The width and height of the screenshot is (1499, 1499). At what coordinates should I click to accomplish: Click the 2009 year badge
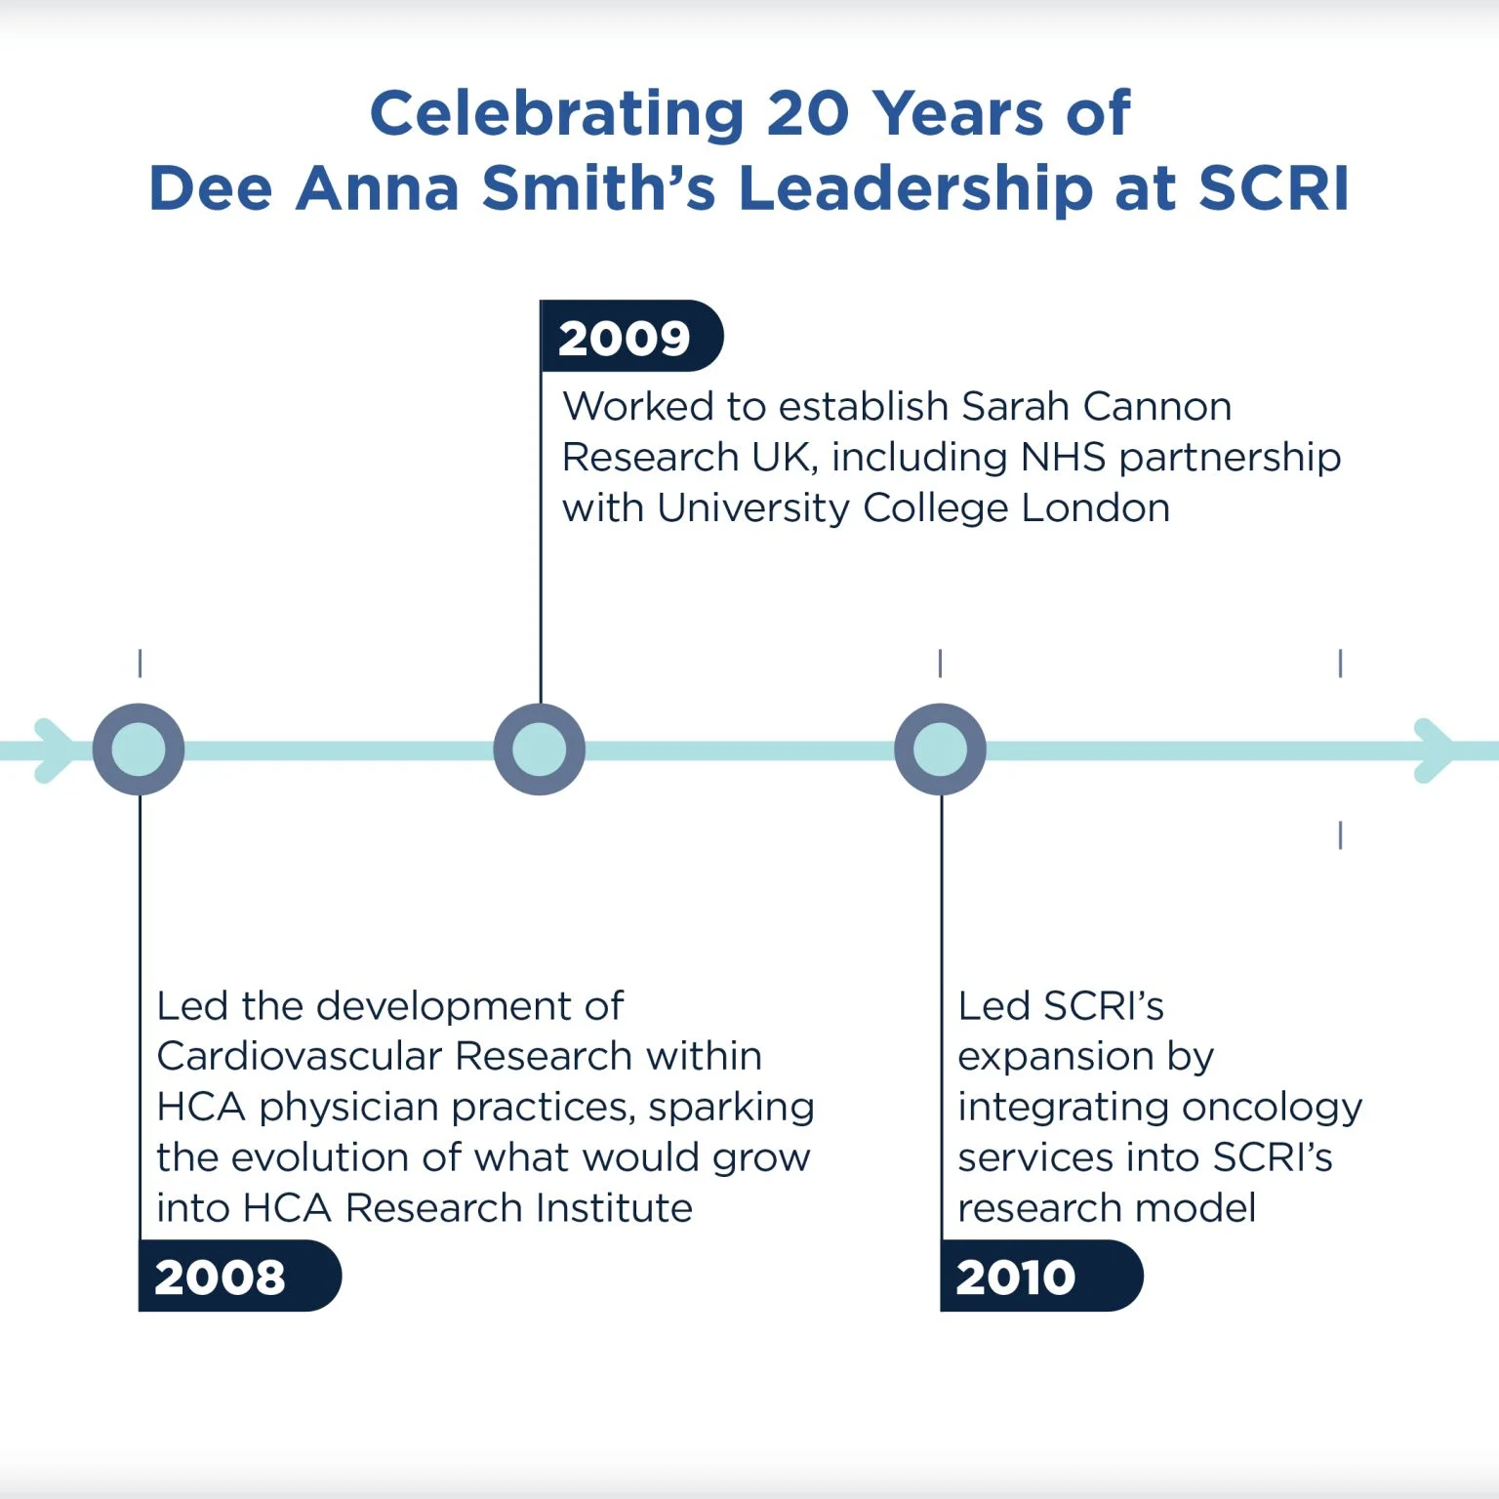coord(631,336)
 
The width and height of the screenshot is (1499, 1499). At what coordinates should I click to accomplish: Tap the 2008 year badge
coord(240,1276)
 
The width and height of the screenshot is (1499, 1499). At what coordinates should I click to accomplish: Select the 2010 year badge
coord(1041,1276)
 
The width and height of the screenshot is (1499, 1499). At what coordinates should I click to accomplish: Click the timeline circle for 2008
coord(139,749)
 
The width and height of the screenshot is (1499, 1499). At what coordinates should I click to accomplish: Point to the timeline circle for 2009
coord(540,749)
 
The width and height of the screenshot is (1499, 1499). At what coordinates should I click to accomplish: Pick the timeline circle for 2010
coord(941,749)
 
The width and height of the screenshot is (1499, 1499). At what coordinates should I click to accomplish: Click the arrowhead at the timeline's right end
coord(1435,750)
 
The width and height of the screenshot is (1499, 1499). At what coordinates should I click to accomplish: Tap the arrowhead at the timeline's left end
coord(55,750)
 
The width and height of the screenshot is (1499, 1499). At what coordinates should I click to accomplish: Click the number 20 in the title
coord(808,113)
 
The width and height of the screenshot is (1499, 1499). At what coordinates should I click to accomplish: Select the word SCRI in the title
coord(1274,187)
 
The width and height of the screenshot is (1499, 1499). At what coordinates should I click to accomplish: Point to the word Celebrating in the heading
coord(557,113)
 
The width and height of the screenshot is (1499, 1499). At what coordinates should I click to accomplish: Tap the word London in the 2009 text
coord(1096,507)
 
